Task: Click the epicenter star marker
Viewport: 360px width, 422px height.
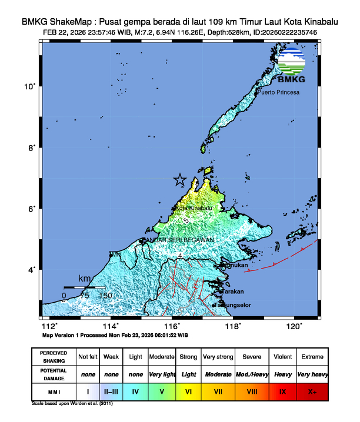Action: (x=180, y=180)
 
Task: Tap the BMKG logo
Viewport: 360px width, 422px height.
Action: (x=292, y=66)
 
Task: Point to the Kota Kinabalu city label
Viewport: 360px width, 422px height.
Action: (x=194, y=208)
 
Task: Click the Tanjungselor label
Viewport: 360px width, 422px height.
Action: (x=231, y=305)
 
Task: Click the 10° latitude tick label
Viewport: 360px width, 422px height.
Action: (x=29, y=86)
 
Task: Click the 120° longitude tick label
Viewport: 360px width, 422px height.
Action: (x=294, y=326)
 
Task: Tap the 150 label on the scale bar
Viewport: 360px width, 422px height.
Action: (x=105, y=296)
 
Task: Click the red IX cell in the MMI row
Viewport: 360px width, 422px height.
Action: (x=282, y=390)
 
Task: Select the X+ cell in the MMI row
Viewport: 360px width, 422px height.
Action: (x=312, y=390)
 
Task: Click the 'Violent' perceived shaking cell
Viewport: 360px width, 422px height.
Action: (x=282, y=357)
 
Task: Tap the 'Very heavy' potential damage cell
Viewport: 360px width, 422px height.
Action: (x=312, y=374)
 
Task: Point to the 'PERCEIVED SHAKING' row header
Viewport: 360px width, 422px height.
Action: (x=53, y=357)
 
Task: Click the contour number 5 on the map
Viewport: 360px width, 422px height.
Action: (x=186, y=220)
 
